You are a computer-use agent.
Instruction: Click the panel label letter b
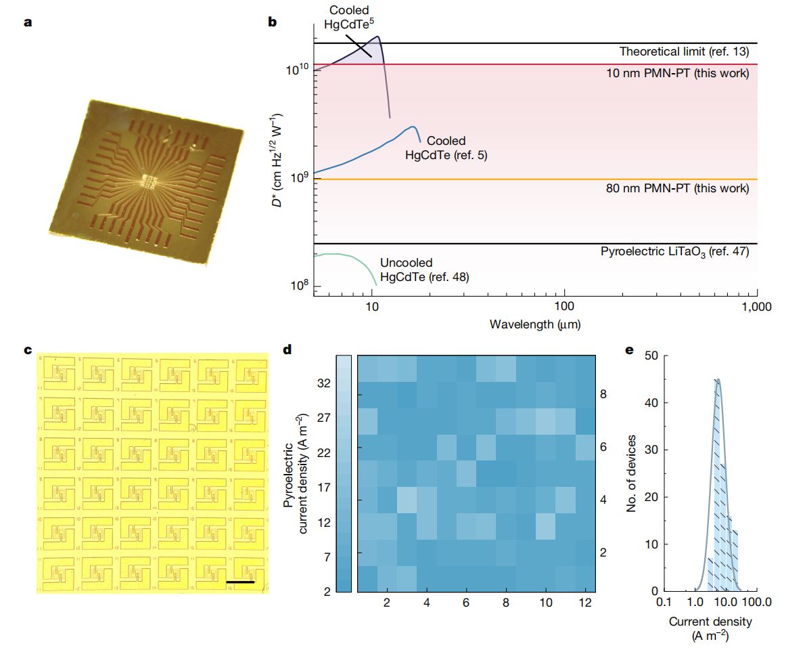click(273, 23)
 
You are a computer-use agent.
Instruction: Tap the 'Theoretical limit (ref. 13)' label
click(684, 51)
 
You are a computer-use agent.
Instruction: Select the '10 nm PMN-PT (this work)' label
click(677, 72)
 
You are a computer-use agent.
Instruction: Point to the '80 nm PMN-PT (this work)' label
click(677, 188)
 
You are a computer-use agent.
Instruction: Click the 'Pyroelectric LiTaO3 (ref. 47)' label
click(674, 252)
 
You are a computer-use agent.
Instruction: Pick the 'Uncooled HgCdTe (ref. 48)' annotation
click(424, 269)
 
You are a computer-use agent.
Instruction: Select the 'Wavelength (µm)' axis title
click(535, 324)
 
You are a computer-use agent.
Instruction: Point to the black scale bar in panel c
click(240, 581)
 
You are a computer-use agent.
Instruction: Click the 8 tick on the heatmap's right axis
click(603, 393)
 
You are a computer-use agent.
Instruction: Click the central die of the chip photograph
click(147, 181)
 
